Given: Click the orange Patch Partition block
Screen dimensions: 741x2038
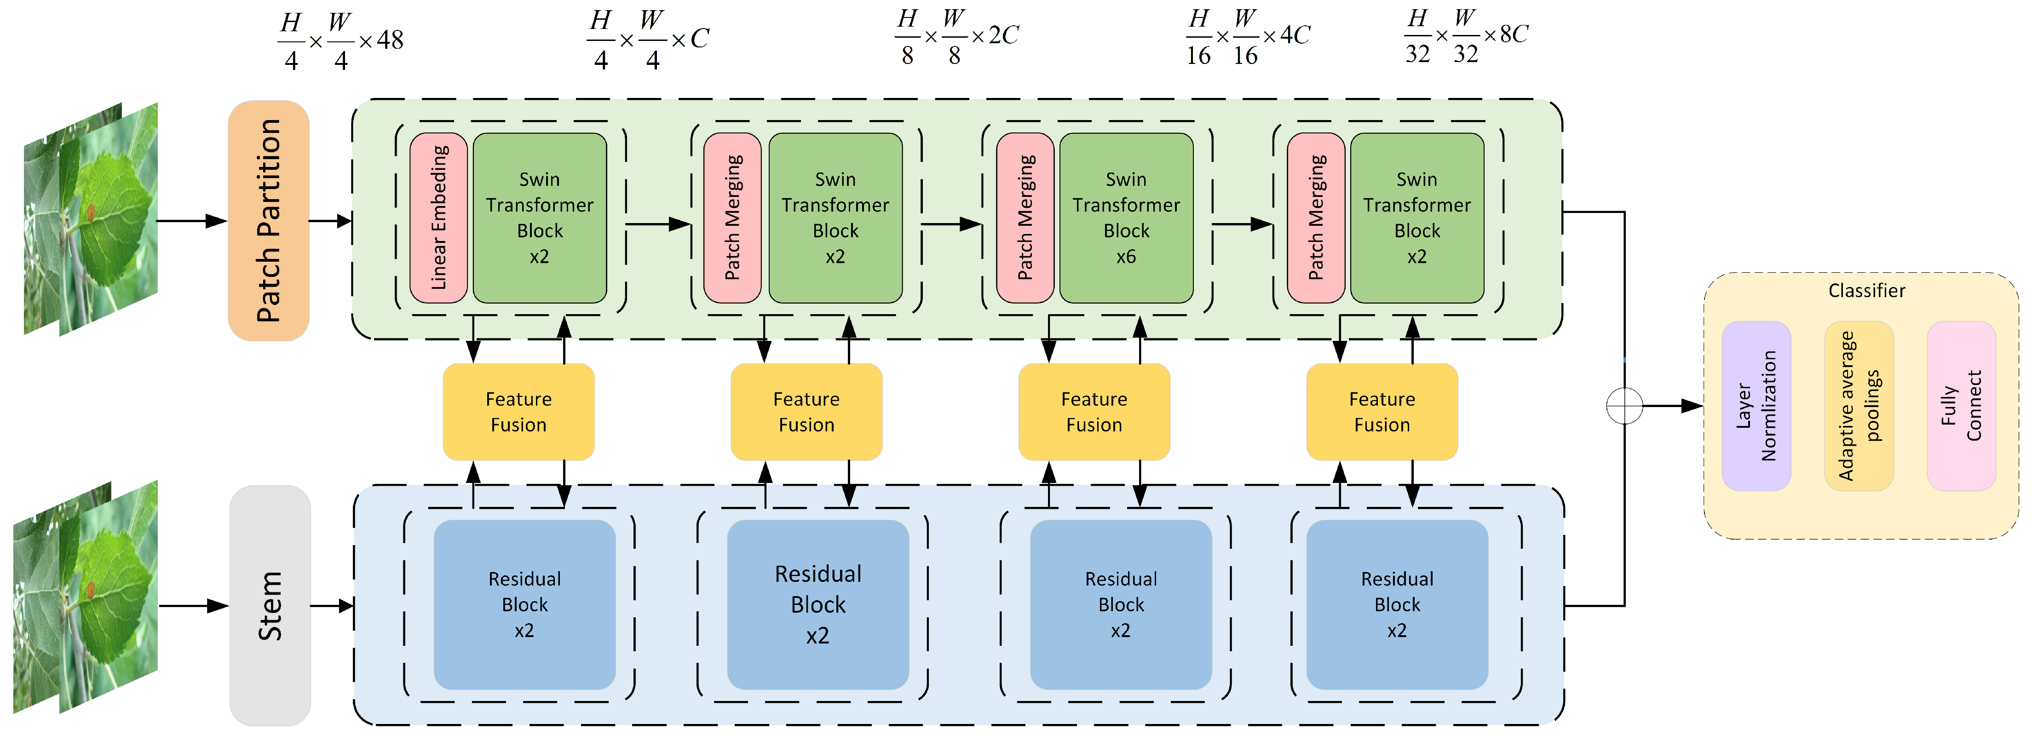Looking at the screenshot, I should tap(268, 221).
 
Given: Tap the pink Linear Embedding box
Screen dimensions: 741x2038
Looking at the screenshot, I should tap(438, 218).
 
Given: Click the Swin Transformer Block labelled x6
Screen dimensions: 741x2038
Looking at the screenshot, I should tap(1126, 218).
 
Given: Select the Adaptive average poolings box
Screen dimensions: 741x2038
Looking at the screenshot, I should tap(1859, 406).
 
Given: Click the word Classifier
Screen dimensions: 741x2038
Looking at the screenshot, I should tap(1866, 290).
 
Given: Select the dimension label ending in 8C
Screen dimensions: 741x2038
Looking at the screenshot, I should tap(1466, 36).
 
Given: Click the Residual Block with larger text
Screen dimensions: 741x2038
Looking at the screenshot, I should tap(817, 604).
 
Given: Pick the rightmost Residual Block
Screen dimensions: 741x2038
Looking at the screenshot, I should tap(1396, 604).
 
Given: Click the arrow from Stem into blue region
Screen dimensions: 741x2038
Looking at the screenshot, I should tap(332, 606).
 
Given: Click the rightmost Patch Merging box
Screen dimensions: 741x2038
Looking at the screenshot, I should tap(1316, 218).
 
